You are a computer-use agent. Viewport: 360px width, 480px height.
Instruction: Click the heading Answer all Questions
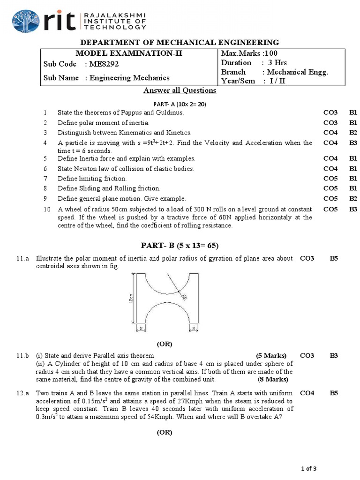click(x=180, y=90)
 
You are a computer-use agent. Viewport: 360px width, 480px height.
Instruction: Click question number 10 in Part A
click(x=46, y=209)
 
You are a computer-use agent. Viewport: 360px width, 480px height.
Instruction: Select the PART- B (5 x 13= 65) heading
click(x=180, y=246)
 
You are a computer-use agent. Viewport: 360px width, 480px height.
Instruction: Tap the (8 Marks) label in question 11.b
click(x=273, y=379)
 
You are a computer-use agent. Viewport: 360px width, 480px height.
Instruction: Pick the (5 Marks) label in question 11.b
click(x=271, y=356)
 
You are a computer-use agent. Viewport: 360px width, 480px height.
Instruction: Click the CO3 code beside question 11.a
click(x=307, y=258)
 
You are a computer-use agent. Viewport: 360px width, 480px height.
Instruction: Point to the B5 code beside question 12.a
click(x=334, y=393)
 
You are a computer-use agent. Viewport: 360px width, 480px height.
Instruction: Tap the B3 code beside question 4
click(x=353, y=143)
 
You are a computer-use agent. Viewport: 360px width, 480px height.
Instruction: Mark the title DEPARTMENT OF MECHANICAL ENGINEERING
click(x=180, y=42)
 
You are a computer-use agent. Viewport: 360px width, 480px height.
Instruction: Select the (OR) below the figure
click(x=165, y=344)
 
